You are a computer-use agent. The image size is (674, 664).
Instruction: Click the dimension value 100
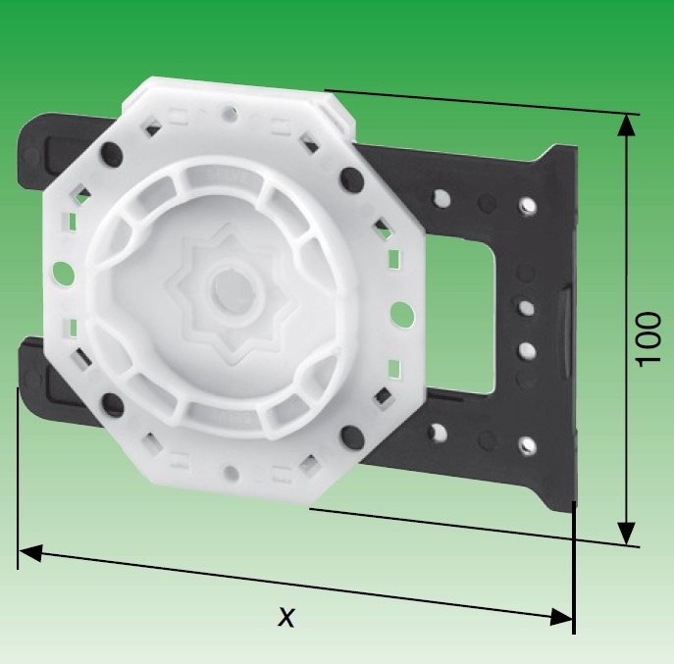point(648,339)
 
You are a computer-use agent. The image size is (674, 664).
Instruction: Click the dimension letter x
point(285,616)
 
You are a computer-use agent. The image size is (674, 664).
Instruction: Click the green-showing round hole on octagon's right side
point(401,313)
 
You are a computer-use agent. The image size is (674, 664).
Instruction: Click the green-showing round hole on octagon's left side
point(61,271)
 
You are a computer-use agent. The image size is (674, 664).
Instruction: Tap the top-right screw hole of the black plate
point(528,205)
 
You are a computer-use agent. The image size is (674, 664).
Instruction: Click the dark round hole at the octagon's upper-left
point(110,152)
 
